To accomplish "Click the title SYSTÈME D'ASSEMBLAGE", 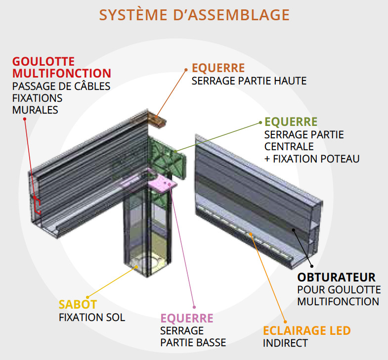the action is [x=194, y=15].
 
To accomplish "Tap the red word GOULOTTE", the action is [x=43, y=61].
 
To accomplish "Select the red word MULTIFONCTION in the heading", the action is [x=62, y=74].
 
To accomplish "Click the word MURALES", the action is [x=35, y=110].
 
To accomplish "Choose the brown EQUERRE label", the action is [x=218, y=68].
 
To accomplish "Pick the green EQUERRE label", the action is [x=291, y=121].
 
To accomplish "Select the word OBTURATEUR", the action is [x=336, y=277].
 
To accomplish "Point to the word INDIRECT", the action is [x=285, y=343].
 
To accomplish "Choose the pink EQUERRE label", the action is [x=187, y=318].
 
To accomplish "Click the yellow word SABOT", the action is [x=78, y=305].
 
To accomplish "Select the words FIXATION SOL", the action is [x=92, y=317].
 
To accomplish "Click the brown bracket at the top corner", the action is [x=157, y=120].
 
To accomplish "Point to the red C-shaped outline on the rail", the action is [x=37, y=205].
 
